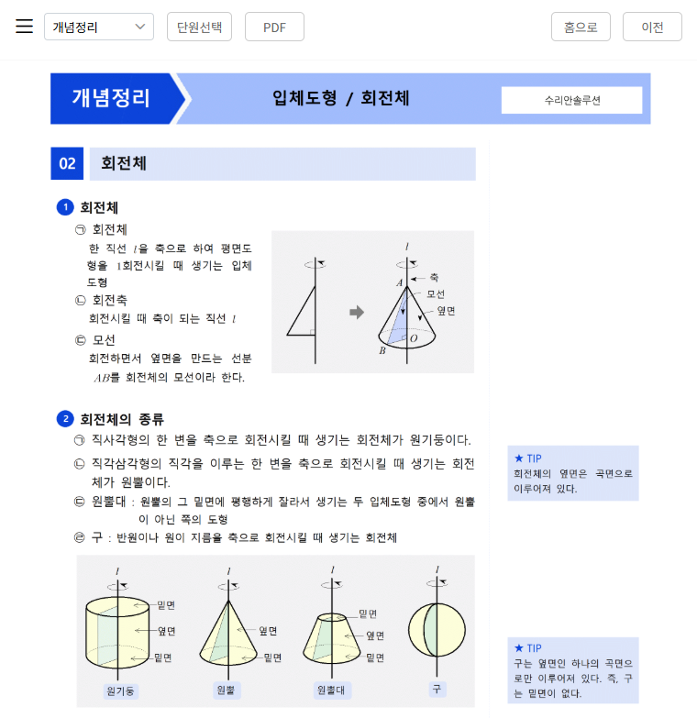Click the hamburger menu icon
(x=24, y=26)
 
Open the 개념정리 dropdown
(x=99, y=27)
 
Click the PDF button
(x=274, y=27)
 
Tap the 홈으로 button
(x=581, y=27)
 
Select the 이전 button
(x=652, y=27)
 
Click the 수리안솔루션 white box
(x=571, y=100)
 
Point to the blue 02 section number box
(x=67, y=164)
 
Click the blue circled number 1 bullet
(x=64, y=207)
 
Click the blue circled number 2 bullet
(x=64, y=419)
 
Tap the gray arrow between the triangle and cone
(x=357, y=312)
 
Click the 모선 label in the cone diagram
(x=436, y=294)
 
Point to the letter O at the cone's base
(x=414, y=338)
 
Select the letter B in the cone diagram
(x=382, y=350)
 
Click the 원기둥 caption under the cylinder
(x=122, y=690)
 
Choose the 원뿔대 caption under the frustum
(x=331, y=690)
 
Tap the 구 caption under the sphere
(x=437, y=688)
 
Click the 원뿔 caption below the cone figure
(x=226, y=690)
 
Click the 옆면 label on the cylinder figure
(x=166, y=631)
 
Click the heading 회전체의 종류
(x=122, y=419)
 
